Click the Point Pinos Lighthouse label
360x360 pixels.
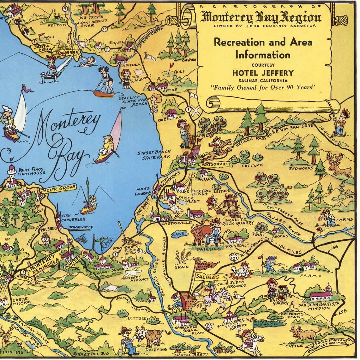pos(31,171)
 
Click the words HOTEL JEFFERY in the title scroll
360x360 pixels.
pos(263,73)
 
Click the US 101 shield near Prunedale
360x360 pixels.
pos(234,255)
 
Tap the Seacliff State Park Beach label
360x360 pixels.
pos(133,101)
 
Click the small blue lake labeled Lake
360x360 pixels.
pos(179,234)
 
